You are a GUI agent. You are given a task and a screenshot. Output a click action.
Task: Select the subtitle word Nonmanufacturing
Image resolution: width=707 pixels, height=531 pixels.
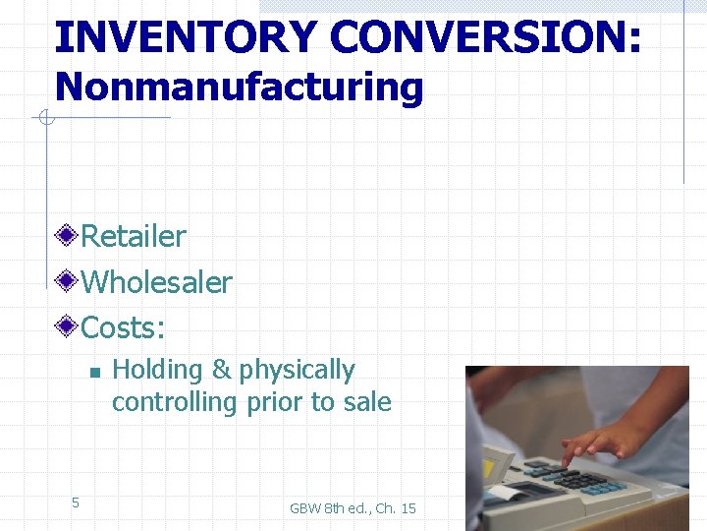tap(239, 87)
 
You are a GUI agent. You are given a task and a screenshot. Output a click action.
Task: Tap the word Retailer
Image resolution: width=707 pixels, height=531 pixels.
tap(133, 236)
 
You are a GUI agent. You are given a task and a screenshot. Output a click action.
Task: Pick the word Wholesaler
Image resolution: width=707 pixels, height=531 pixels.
tap(156, 282)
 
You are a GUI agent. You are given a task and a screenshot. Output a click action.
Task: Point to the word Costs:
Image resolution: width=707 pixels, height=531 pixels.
tap(123, 326)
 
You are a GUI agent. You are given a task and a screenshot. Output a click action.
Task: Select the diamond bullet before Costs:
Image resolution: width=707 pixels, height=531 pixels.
tap(67, 326)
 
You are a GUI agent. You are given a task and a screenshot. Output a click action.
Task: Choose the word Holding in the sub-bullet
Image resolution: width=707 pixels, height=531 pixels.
tap(157, 370)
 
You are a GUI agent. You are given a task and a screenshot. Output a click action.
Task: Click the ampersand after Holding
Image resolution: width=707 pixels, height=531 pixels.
tap(221, 370)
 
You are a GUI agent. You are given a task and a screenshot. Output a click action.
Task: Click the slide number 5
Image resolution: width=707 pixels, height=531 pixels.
tap(75, 503)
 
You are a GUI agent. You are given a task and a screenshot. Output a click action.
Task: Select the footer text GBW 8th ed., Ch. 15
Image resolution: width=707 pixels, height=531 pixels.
tap(353, 508)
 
